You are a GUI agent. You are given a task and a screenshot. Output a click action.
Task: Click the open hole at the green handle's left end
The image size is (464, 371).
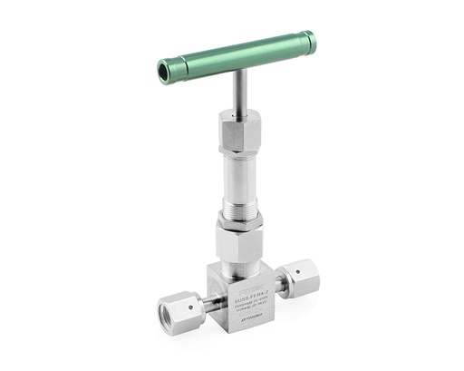165,72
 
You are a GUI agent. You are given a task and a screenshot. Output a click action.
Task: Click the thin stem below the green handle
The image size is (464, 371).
240,92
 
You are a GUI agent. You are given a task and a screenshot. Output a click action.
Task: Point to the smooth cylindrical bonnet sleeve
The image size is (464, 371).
240,171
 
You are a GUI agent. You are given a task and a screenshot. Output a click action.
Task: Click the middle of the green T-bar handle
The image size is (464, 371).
237,55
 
